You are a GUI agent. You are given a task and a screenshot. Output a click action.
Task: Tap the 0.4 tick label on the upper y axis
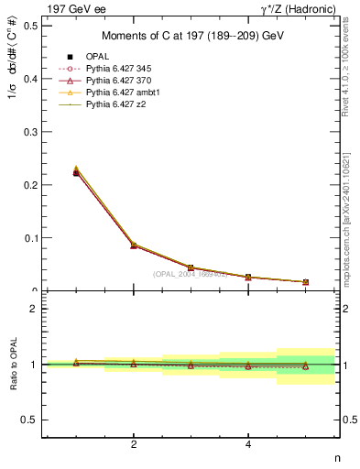point(29,79)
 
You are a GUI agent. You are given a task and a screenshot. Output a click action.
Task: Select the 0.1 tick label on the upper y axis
point(29,238)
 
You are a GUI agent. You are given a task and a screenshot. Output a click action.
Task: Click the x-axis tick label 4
point(248,445)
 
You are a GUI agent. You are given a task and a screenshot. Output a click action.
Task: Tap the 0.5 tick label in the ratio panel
point(29,420)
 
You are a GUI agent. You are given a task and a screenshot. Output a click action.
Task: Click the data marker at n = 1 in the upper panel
point(76,172)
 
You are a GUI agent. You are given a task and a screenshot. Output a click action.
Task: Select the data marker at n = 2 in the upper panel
point(134,245)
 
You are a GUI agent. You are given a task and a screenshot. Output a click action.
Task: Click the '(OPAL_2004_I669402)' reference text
point(190,273)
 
